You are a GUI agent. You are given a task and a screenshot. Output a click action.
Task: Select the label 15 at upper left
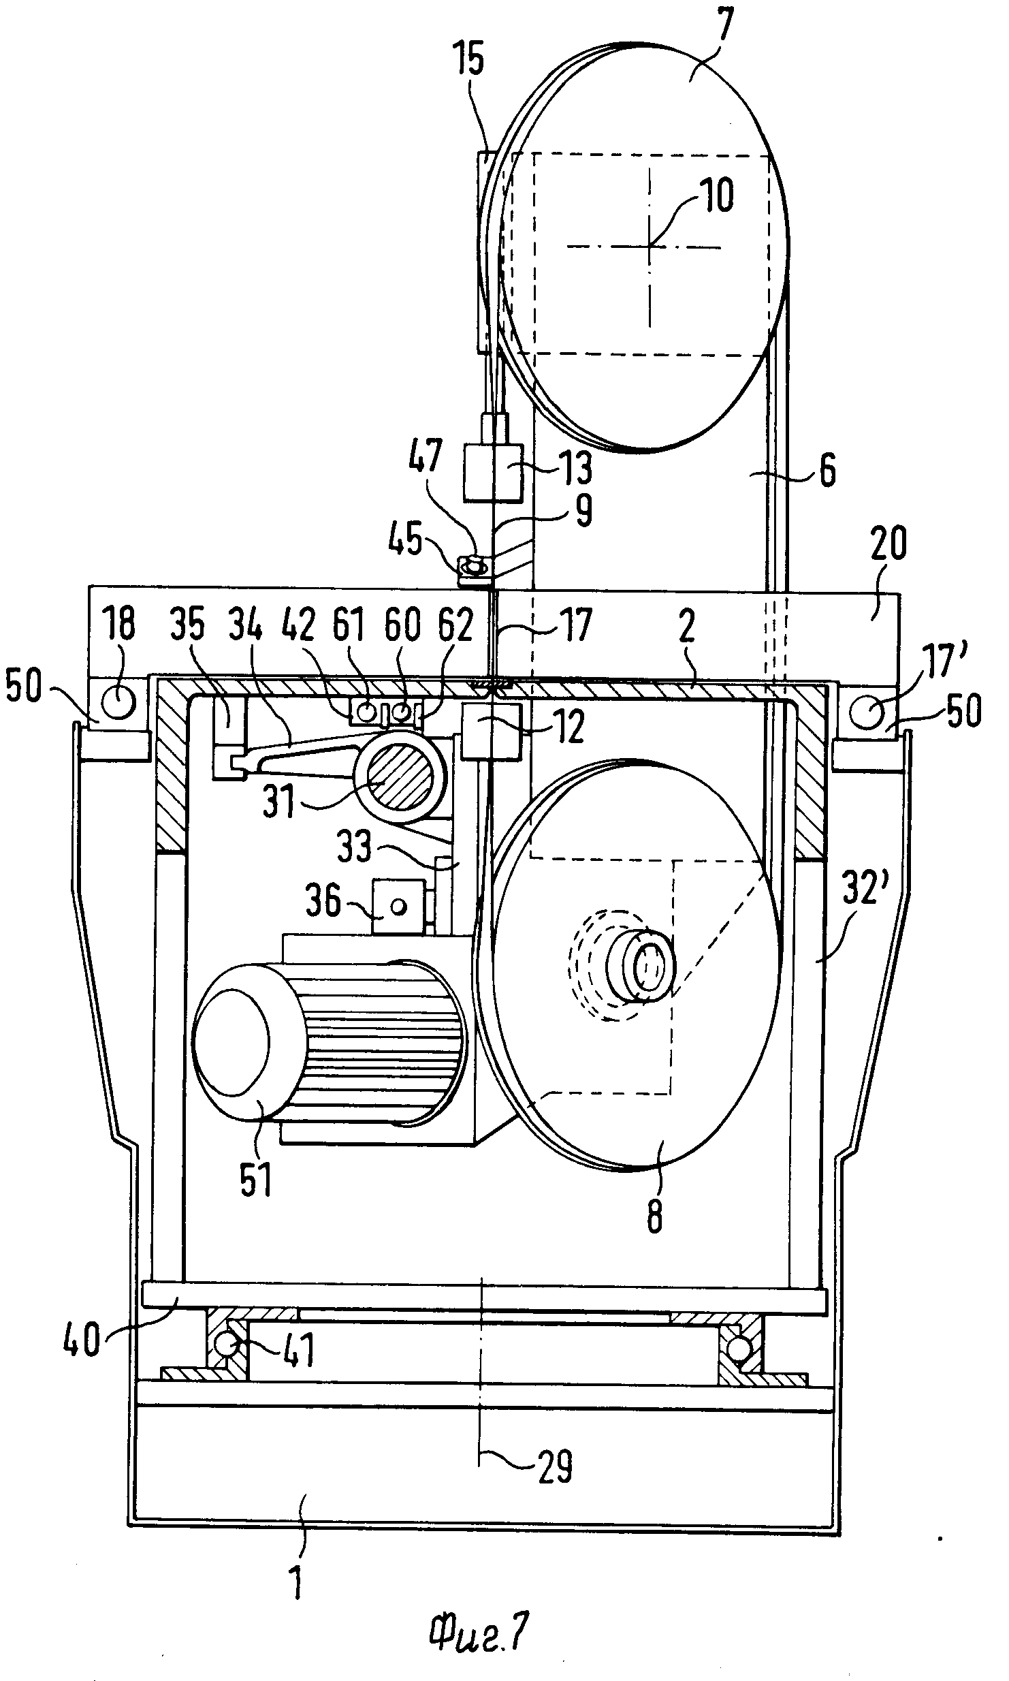[471, 58]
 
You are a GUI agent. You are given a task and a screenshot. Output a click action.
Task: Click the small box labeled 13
[493, 473]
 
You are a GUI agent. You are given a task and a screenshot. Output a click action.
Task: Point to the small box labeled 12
[491, 732]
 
